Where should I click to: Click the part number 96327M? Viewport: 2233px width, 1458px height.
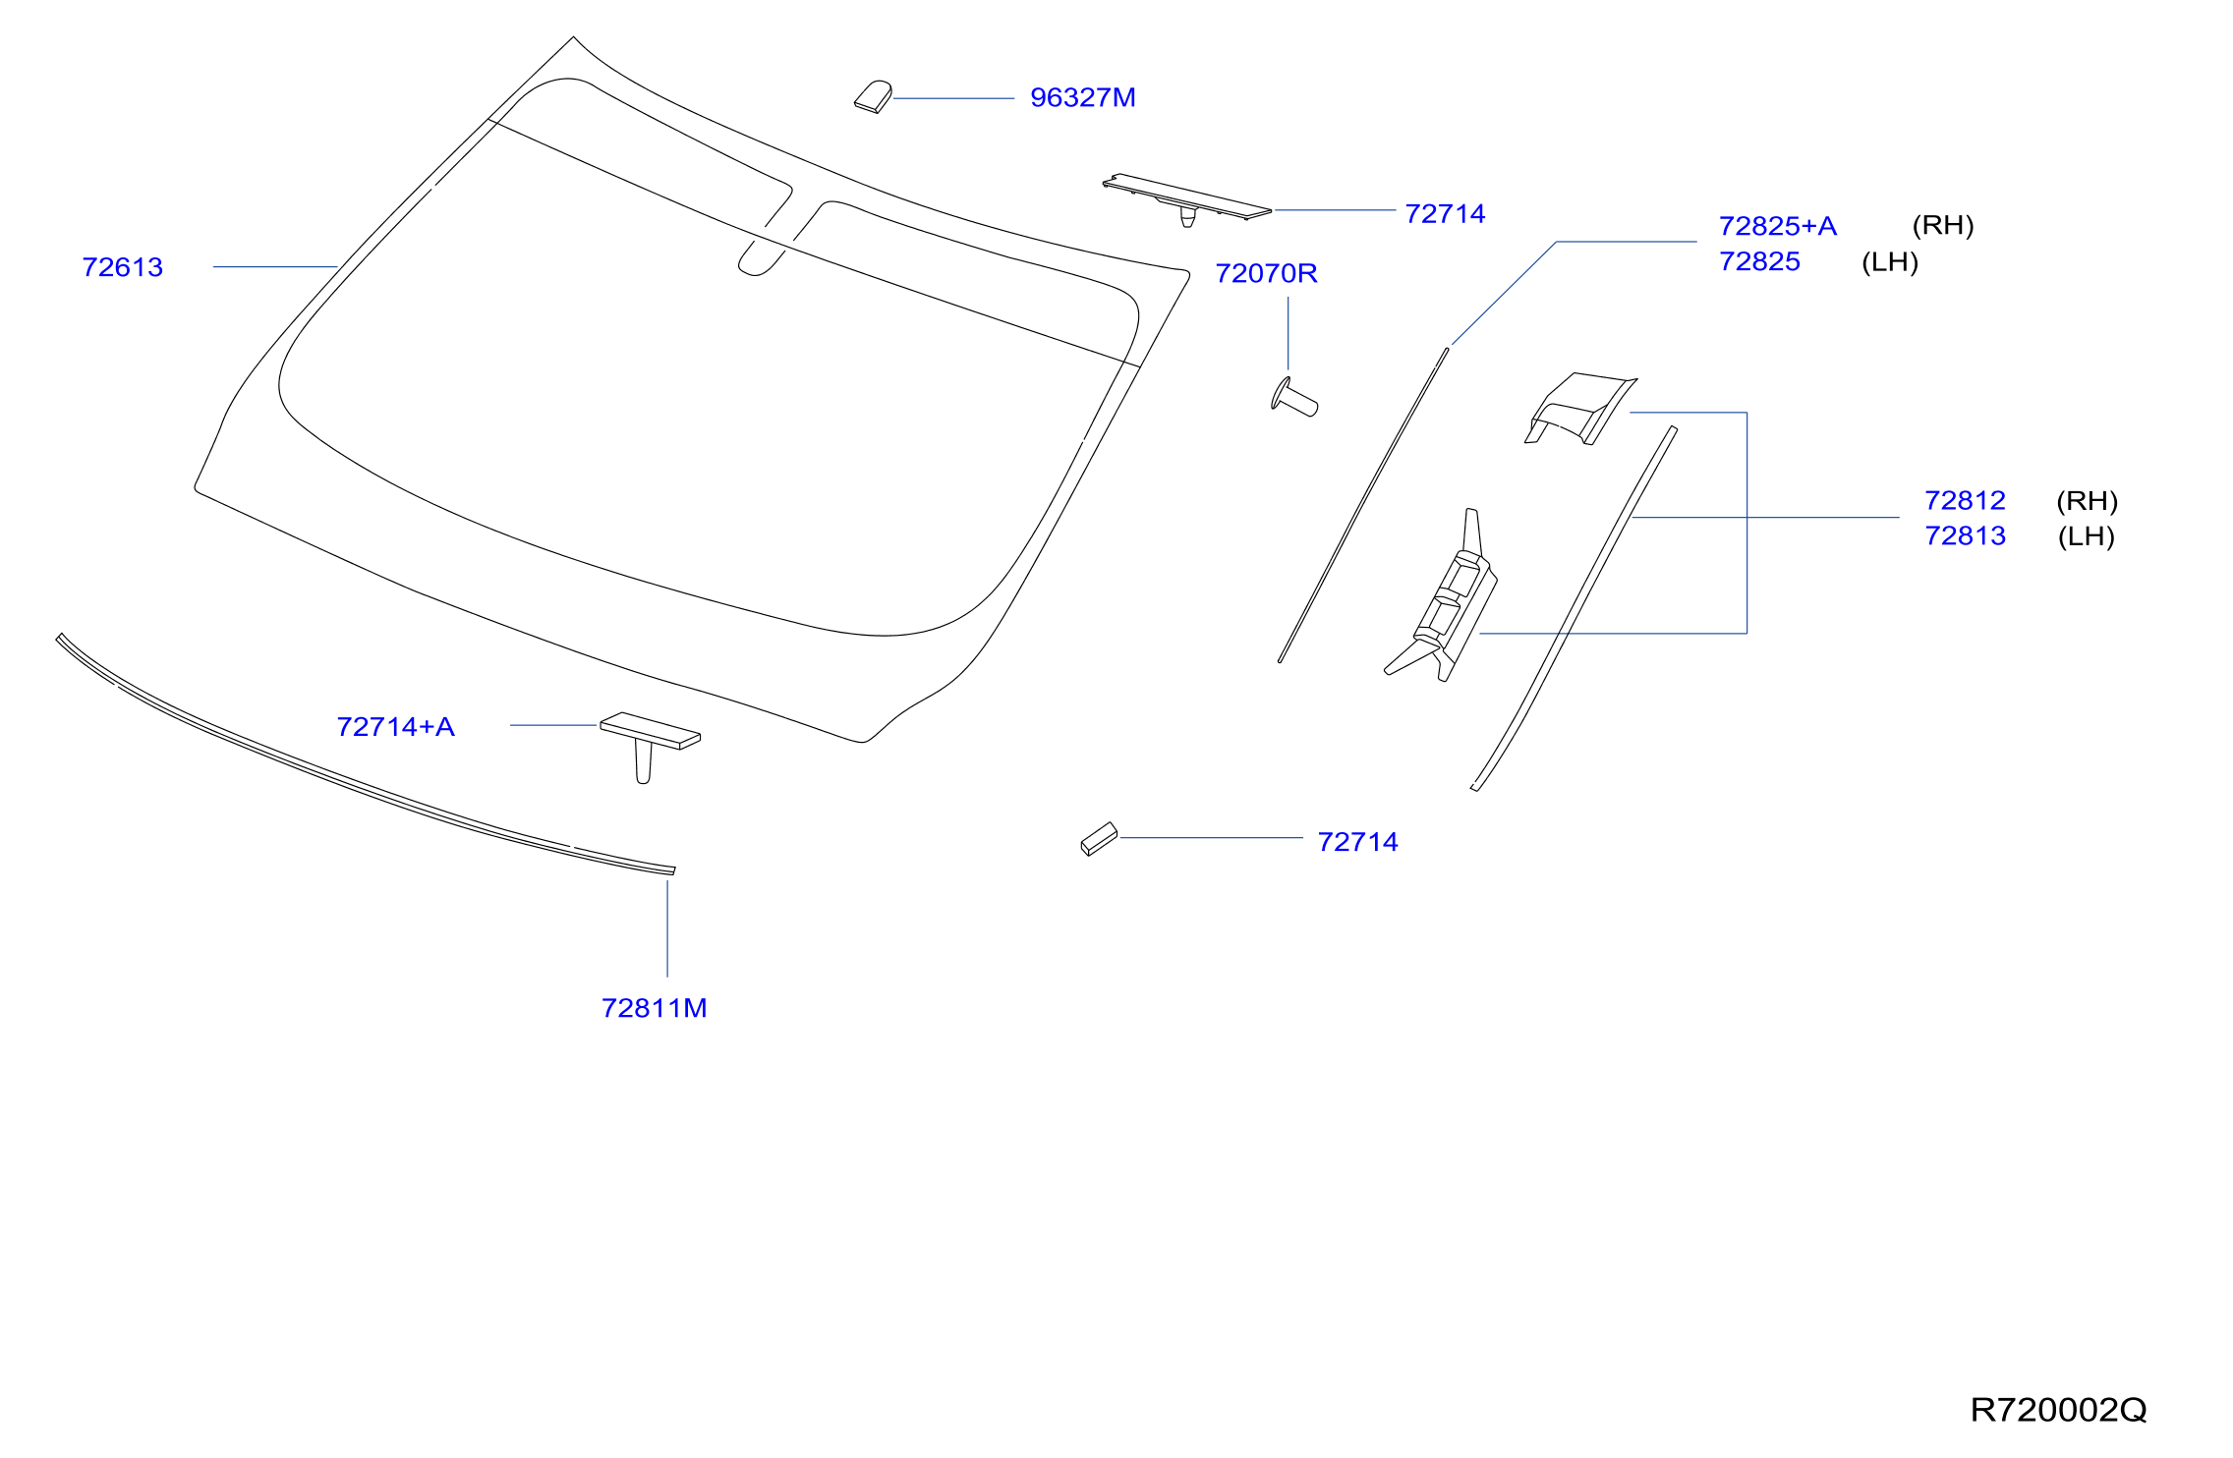click(x=1082, y=97)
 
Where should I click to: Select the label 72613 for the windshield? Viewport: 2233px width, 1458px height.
click(x=122, y=267)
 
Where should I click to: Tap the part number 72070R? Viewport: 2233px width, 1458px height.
click(x=1266, y=273)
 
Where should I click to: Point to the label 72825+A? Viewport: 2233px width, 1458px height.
click(x=1777, y=226)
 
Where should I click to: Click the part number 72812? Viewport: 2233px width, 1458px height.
click(x=1965, y=500)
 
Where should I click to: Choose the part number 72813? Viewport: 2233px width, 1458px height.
click(x=1965, y=535)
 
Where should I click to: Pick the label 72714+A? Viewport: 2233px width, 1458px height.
click(x=395, y=726)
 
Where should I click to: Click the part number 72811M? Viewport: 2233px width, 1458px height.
click(x=654, y=1008)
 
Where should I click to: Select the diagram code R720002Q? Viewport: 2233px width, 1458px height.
click(x=2058, y=1410)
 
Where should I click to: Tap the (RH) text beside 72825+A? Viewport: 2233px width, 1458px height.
click(x=1943, y=225)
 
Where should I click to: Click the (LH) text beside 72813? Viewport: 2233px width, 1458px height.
click(x=2086, y=536)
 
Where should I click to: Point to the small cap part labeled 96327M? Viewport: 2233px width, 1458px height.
click(x=873, y=96)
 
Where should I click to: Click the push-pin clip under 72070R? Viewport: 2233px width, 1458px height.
click(x=1293, y=397)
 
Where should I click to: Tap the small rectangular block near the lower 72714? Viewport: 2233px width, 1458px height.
click(x=1099, y=839)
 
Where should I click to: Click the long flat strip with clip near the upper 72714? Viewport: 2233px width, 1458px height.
click(x=1186, y=198)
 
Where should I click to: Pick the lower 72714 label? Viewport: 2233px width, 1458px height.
click(x=1357, y=842)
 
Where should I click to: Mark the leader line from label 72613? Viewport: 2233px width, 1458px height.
click(x=276, y=267)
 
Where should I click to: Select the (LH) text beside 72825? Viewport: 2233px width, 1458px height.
click(x=1890, y=262)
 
